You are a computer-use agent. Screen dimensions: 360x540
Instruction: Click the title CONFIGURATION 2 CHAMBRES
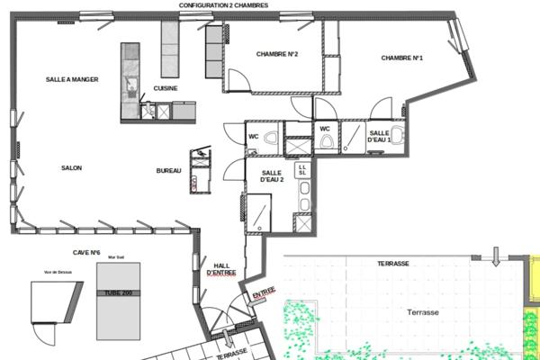(236, 5)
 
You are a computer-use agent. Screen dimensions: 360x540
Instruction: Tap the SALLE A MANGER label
(72, 79)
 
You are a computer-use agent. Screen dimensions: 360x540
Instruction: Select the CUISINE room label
(166, 88)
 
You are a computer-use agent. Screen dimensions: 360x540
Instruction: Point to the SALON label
(72, 168)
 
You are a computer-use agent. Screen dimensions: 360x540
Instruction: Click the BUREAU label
(168, 171)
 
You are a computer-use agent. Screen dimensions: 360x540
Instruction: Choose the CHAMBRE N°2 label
(277, 54)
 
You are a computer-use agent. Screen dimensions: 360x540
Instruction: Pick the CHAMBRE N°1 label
(401, 58)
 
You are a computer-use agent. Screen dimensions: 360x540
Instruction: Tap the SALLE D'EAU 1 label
(379, 137)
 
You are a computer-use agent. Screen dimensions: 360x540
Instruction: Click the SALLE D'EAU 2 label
(272, 176)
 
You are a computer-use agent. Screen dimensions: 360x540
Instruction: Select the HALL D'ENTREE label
(220, 266)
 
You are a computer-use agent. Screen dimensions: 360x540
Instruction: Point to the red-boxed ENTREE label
(263, 293)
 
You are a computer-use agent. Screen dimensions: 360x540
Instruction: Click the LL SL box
(303, 168)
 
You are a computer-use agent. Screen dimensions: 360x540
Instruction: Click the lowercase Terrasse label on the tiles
(422, 312)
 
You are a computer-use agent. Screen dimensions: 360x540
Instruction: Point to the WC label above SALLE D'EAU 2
(254, 137)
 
